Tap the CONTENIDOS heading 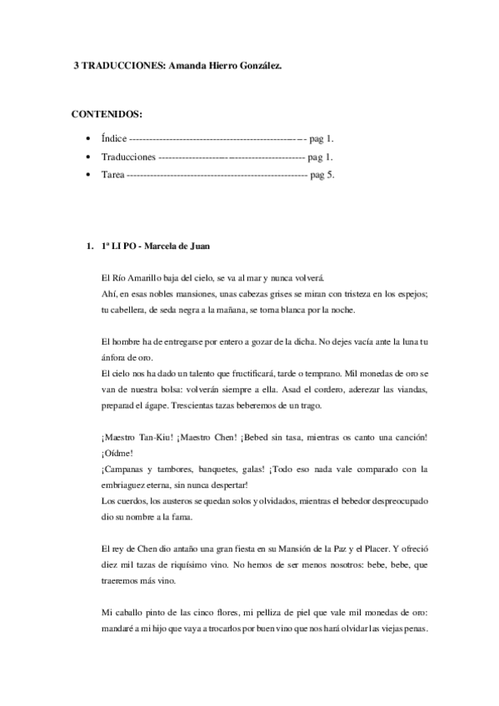[x=106, y=113]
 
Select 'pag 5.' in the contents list [x=322, y=176]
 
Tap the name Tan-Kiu [x=152, y=437]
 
